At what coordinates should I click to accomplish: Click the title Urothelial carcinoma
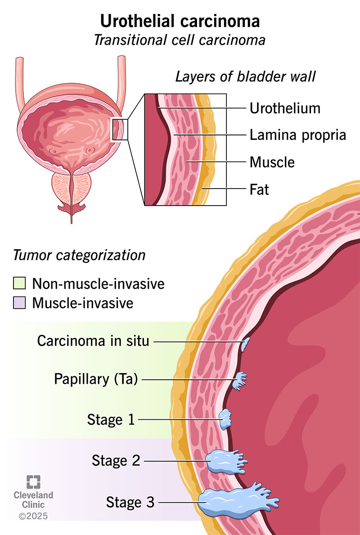click(x=180, y=22)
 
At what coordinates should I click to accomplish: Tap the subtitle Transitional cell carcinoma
click(x=180, y=40)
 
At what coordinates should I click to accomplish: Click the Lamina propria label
click(x=297, y=135)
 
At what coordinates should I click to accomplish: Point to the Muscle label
click(x=272, y=162)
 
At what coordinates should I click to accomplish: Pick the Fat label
click(x=259, y=189)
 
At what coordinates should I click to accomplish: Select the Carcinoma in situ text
click(x=93, y=341)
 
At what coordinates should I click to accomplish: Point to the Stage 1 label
click(x=111, y=420)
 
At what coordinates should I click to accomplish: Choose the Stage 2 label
click(x=116, y=460)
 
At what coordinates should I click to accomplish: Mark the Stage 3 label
click(x=130, y=502)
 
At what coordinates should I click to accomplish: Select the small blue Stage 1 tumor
click(x=225, y=419)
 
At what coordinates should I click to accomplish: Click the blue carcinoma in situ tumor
click(x=245, y=345)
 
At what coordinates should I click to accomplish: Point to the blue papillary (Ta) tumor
click(x=240, y=380)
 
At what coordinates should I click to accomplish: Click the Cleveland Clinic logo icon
click(x=33, y=481)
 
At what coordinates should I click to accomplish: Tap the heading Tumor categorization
click(x=79, y=255)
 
